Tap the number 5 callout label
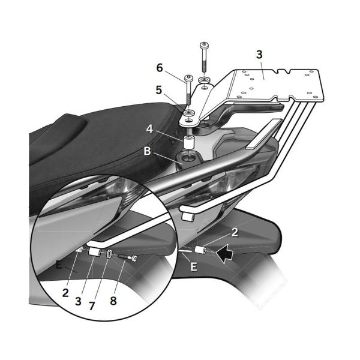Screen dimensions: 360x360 [x=159, y=90]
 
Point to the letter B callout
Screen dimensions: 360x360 [x=147, y=151]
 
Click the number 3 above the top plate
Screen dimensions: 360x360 [x=259, y=55]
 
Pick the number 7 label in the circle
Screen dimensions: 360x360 [x=92, y=305]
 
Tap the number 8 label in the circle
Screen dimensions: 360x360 [x=113, y=301]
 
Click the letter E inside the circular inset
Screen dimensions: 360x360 [x=58, y=263]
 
